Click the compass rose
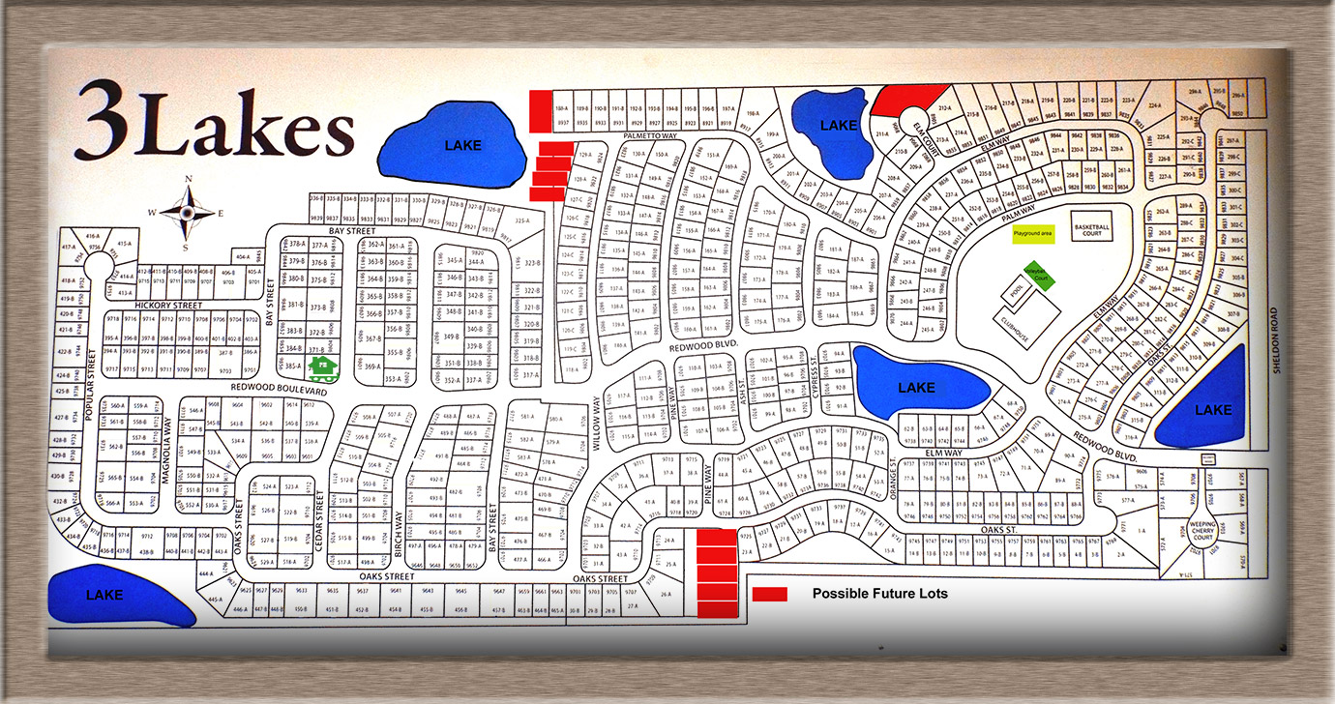187,212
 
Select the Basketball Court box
1091,228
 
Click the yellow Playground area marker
1033,234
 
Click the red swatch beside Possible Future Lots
771,594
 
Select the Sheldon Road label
1276,344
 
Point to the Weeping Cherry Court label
1202,531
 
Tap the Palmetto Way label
650,136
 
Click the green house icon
321,367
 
